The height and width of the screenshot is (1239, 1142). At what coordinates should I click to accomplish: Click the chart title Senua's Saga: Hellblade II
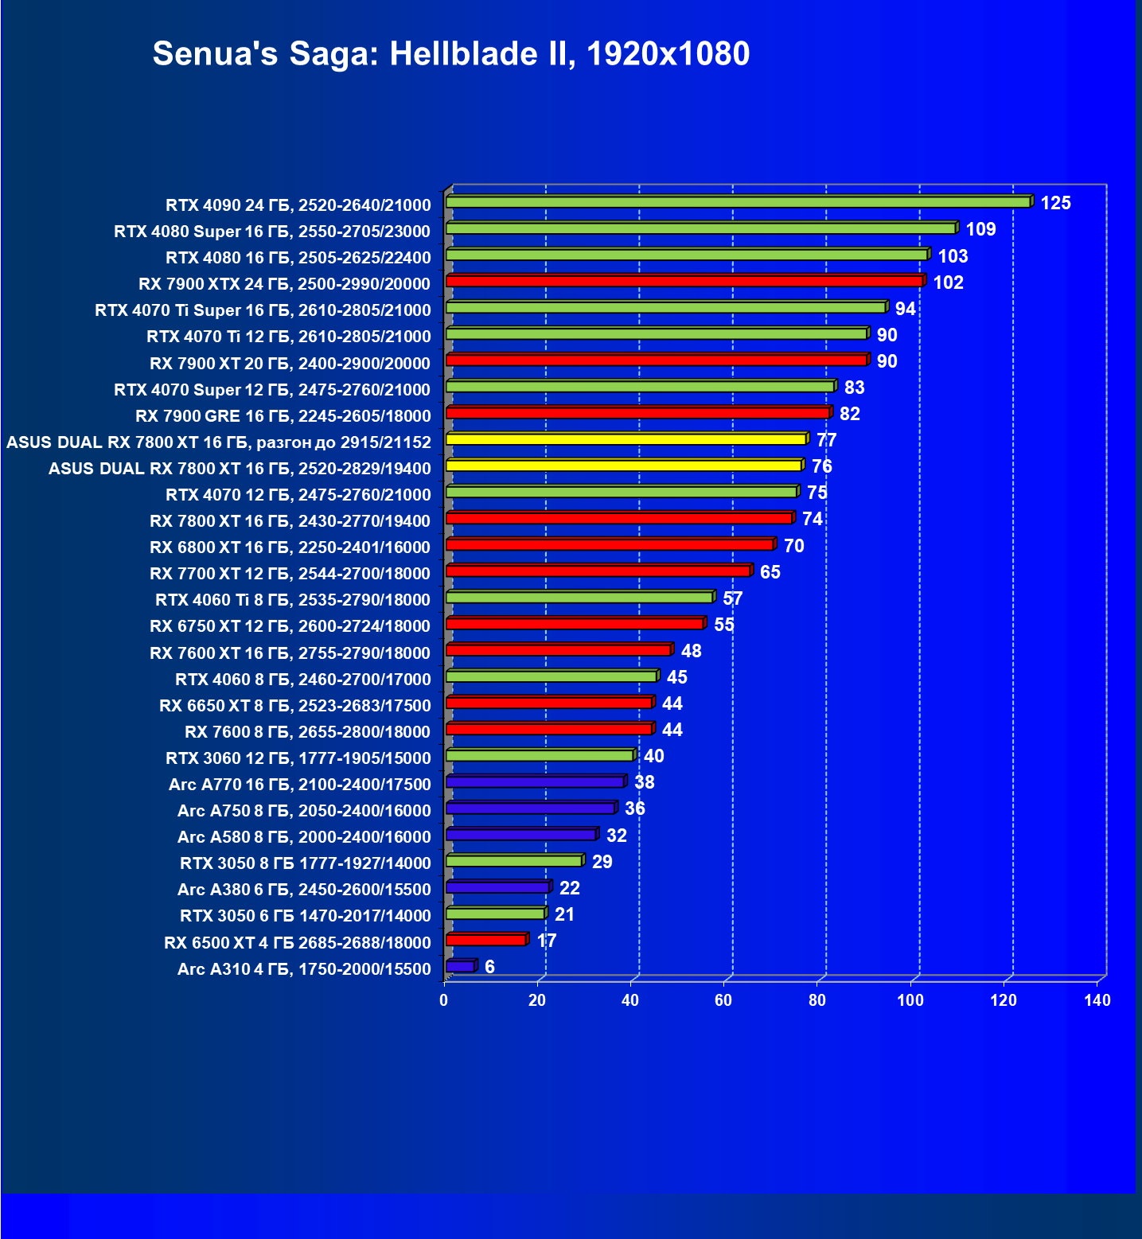450,54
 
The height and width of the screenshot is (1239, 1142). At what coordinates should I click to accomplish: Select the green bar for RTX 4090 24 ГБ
738,203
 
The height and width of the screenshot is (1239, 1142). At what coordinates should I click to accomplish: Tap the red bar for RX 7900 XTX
684,282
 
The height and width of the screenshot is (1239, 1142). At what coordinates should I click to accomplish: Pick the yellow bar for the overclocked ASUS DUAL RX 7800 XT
626,439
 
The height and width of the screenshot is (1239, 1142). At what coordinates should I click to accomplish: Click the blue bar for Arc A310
461,967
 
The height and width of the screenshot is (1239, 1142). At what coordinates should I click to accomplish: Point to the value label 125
1055,204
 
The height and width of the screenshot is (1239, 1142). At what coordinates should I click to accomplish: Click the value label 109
980,230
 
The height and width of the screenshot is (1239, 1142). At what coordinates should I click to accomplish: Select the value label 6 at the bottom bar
489,967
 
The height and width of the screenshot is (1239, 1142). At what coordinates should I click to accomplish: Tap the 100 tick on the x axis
910,1000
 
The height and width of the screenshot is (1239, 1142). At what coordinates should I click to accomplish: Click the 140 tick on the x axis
1097,1000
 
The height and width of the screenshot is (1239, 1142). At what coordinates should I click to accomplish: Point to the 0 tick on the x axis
444,1000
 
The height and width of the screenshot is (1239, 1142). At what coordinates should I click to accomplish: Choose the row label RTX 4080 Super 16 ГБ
272,232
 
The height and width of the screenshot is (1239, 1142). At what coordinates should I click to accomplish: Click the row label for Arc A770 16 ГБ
300,785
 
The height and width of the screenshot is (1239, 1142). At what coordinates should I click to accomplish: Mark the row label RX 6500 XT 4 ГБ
298,943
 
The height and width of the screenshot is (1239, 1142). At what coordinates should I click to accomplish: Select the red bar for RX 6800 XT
610,545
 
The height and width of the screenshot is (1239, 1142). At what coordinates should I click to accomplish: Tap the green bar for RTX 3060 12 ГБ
540,755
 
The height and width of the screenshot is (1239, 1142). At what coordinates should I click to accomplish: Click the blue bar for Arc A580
521,835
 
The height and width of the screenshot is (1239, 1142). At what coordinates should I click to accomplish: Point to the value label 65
770,573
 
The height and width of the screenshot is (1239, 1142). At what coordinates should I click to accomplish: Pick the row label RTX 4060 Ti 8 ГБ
293,600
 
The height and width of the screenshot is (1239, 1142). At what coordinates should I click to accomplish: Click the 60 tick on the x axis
723,1000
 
